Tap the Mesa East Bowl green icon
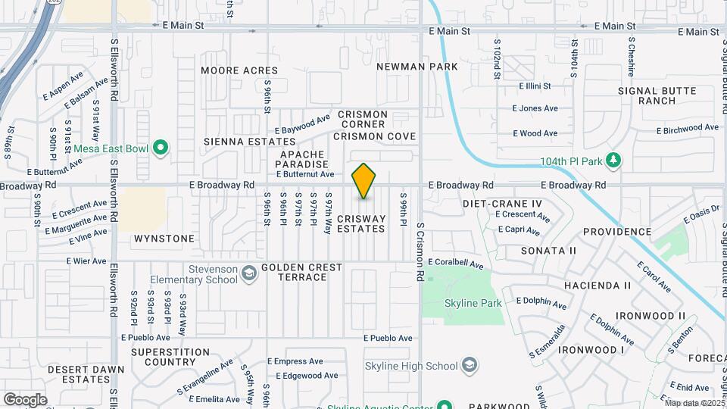(x=160, y=148)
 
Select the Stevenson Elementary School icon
(x=248, y=273)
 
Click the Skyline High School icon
(x=470, y=367)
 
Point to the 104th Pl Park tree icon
(x=614, y=161)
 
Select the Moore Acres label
(x=239, y=70)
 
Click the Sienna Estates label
(x=249, y=142)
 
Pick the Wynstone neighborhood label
(x=164, y=239)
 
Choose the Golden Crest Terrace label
(x=301, y=273)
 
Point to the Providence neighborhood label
(x=617, y=232)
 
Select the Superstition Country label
(x=170, y=357)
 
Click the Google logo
(x=25, y=400)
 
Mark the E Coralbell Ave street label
(x=454, y=264)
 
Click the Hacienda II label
(x=598, y=286)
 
